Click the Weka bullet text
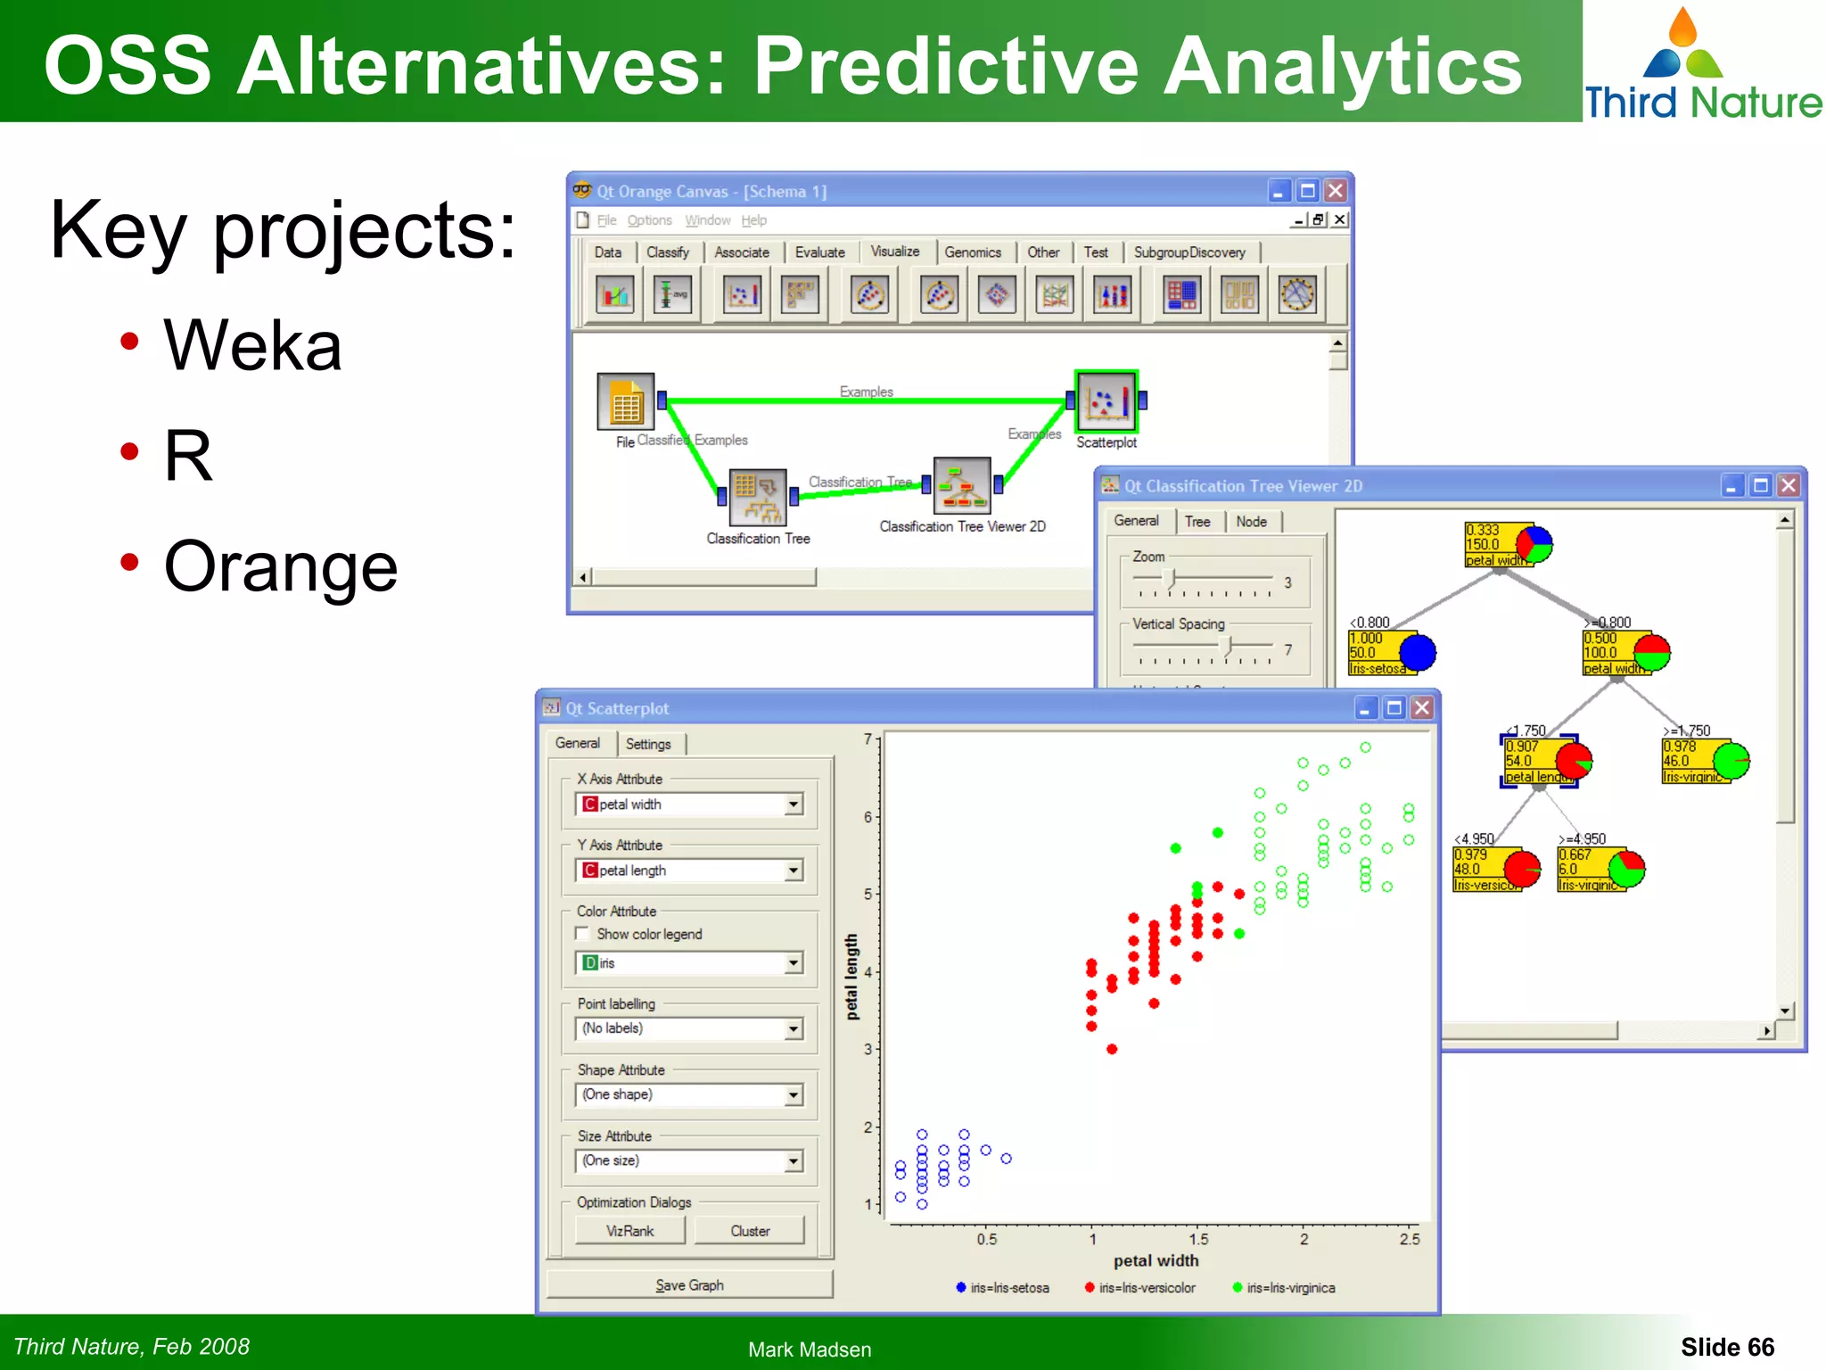252,346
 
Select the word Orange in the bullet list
281,567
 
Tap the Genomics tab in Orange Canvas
972,252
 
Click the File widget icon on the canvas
626,402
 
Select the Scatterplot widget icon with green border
1106,401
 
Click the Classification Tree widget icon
758,497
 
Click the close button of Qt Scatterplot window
1422,708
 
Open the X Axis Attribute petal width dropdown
793,805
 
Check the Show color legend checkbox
583,934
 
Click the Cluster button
749,1231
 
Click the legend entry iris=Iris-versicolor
1146,1288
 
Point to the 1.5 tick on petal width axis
1198,1239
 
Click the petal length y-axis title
851,977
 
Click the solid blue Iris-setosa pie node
1417,653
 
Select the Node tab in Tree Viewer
1251,522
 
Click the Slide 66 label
1727,1347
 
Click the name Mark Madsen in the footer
810,1349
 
